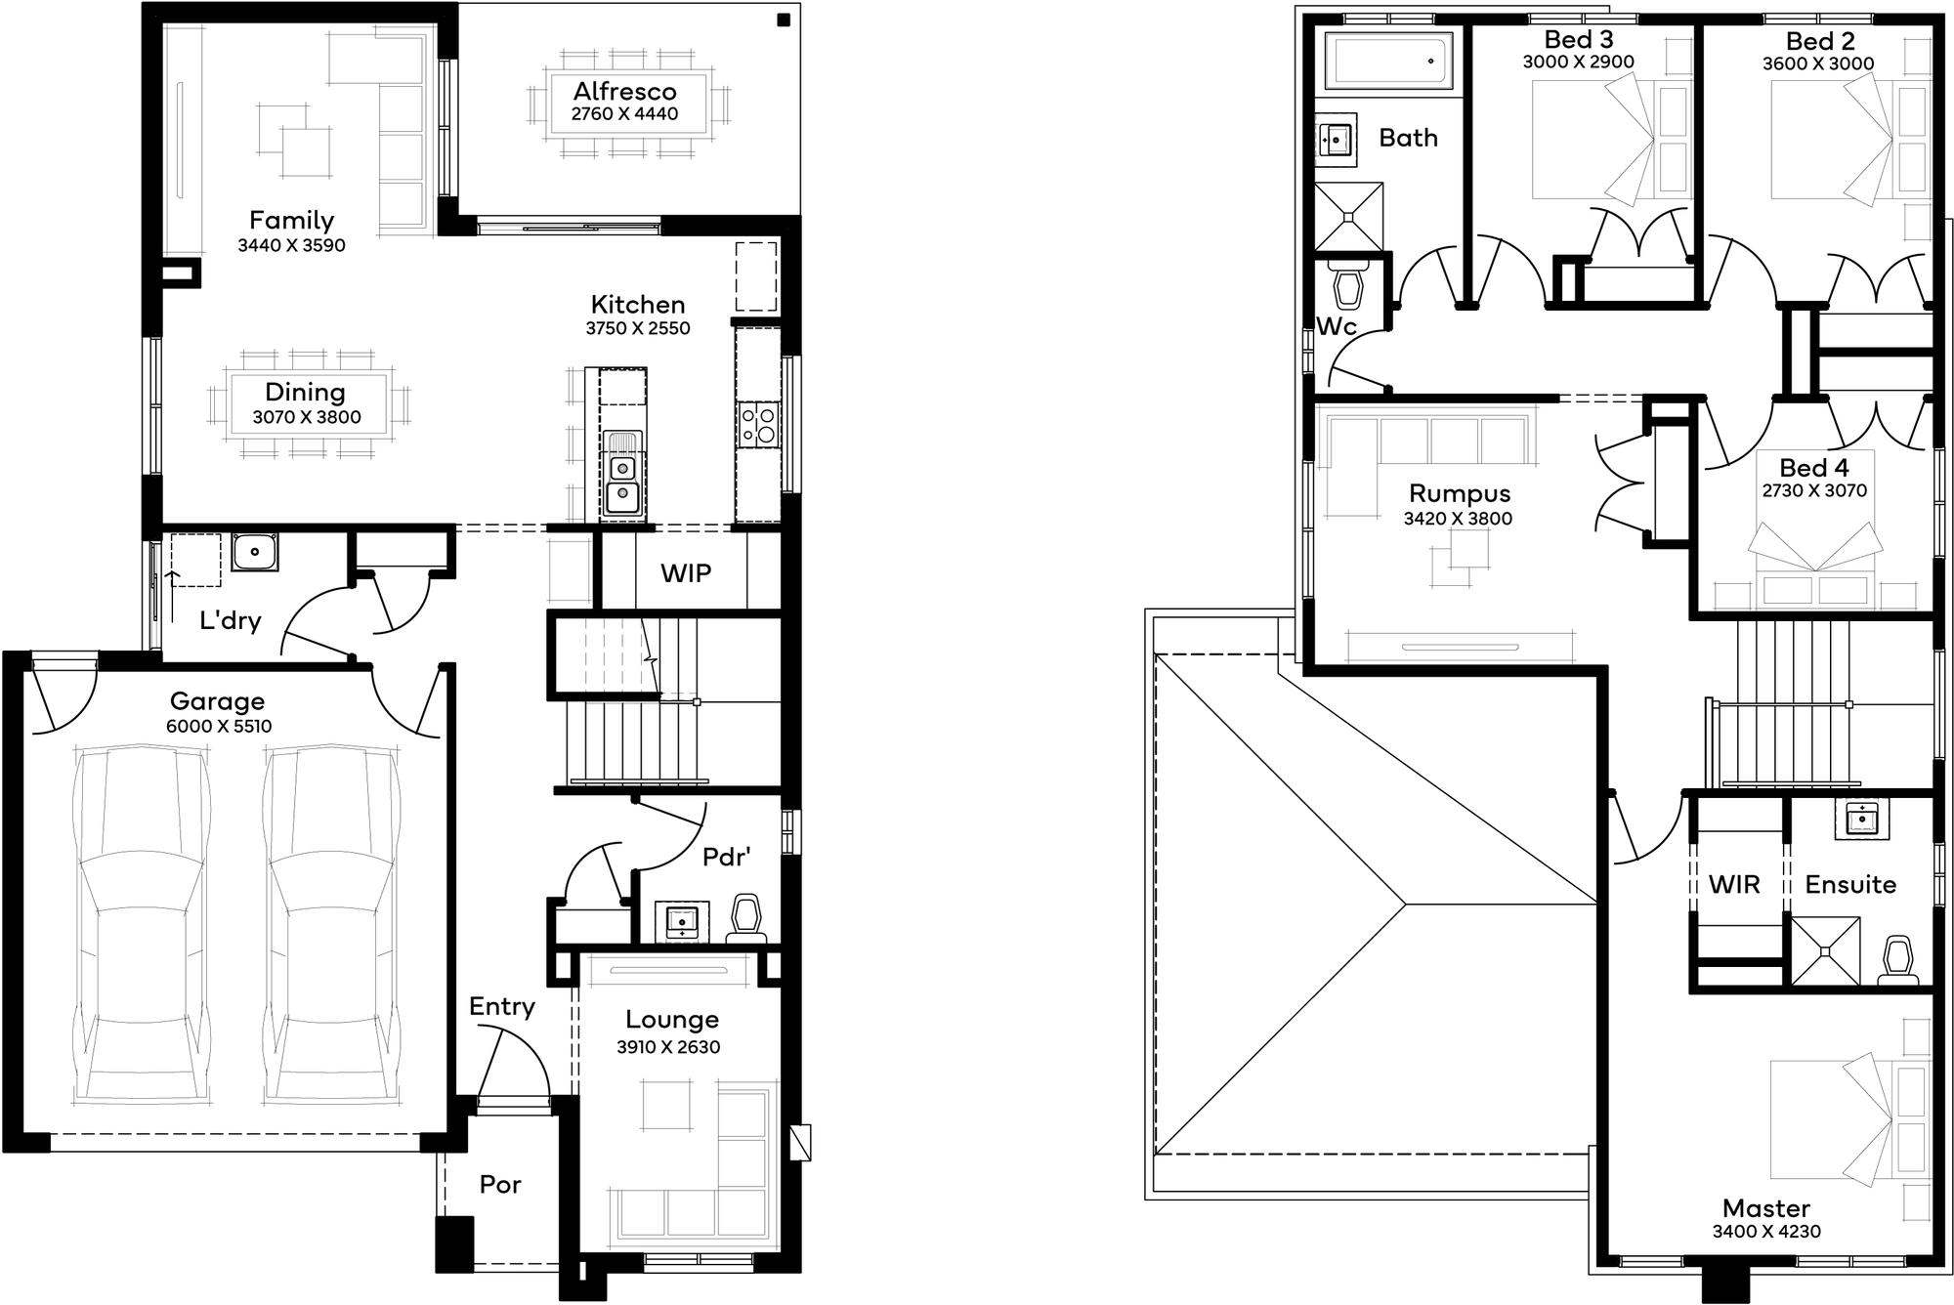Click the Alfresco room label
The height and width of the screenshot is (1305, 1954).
(x=624, y=91)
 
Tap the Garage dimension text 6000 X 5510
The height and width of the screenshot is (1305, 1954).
(x=219, y=727)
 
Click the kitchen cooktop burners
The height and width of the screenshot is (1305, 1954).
(x=758, y=425)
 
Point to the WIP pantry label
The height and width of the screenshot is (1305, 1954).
(x=686, y=573)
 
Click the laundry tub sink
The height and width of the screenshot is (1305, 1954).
(x=255, y=552)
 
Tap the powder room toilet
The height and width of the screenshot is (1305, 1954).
(x=745, y=918)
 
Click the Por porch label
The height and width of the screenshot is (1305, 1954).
(x=500, y=1185)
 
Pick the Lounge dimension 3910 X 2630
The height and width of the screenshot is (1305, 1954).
(x=668, y=1047)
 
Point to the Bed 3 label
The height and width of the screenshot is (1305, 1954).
(x=1578, y=39)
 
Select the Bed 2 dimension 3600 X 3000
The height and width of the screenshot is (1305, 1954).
(x=1818, y=64)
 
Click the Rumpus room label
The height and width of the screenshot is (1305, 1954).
(x=1460, y=493)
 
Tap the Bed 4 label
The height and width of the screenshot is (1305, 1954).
(x=1813, y=467)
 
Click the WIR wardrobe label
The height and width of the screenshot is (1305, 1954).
(x=1734, y=885)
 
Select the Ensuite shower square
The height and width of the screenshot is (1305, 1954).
(x=1824, y=949)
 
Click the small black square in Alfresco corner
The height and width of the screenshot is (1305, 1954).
(x=783, y=20)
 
